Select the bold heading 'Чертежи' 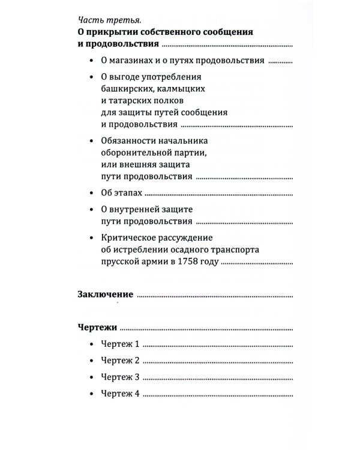click(97, 328)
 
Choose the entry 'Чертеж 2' click(120, 361)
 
